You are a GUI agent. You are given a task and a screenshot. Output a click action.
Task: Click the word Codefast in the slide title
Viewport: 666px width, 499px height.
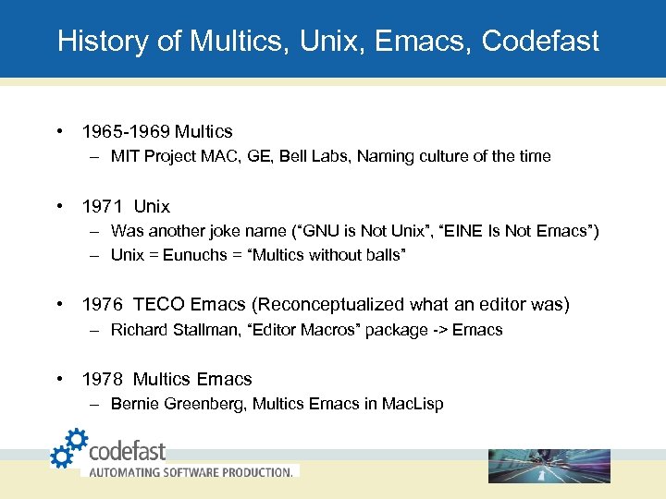[x=540, y=42]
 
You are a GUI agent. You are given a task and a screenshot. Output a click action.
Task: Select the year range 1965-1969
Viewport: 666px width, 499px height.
[x=126, y=131]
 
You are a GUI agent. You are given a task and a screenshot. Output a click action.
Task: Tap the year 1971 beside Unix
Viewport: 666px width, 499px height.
[x=102, y=206]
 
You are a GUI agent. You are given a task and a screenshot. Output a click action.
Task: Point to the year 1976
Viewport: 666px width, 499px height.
[x=102, y=305]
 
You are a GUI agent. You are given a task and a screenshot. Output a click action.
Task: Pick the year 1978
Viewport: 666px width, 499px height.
[x=102, y=379]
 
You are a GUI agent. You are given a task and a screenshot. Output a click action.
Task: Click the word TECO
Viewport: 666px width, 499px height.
[x=160, y=305]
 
